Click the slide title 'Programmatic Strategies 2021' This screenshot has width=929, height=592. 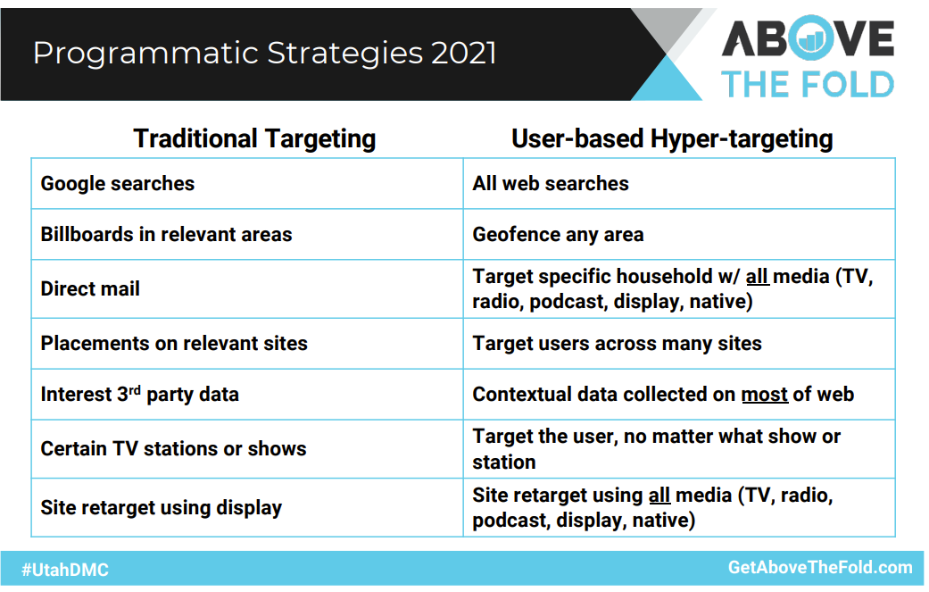point(264,54)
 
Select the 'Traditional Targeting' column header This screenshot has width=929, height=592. point(254,138)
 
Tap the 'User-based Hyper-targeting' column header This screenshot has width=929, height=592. point(672,138)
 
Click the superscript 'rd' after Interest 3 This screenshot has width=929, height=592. point(135,390)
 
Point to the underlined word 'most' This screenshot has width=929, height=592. point(765,395)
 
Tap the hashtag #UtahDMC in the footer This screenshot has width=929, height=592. point(65,570)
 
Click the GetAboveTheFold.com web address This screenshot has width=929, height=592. point(820,567)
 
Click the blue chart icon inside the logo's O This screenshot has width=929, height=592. point(810,39)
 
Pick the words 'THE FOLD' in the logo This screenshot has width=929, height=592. point(808,84)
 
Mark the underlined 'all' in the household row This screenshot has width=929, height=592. point(757,277)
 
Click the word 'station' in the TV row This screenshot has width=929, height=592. point(504,463)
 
